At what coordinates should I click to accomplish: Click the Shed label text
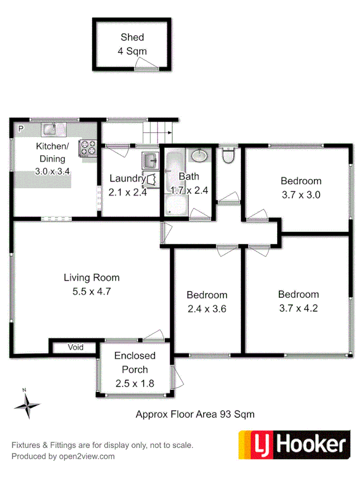(x=132, y=38)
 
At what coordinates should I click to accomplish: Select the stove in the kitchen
(x=89, y=147)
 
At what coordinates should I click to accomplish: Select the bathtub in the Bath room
(x=174, y=184)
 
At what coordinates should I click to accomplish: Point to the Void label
(x=76, y=347)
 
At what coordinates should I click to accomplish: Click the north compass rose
(x=26, y=406)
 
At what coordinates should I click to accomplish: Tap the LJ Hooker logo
(x=294, y=445)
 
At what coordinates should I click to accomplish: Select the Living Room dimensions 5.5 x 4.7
(x=92, y=291)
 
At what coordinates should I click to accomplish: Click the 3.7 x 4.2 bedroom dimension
(x=298, y=308)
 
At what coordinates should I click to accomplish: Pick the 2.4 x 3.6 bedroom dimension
(x=207, y=308)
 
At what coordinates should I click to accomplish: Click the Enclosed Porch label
(x=135, y=363)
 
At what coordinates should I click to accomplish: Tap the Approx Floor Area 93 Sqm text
(x=195, y=413)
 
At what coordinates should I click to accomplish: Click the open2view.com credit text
(x=63, y=456)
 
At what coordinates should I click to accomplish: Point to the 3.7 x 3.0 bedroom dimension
(x=301, y=195)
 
